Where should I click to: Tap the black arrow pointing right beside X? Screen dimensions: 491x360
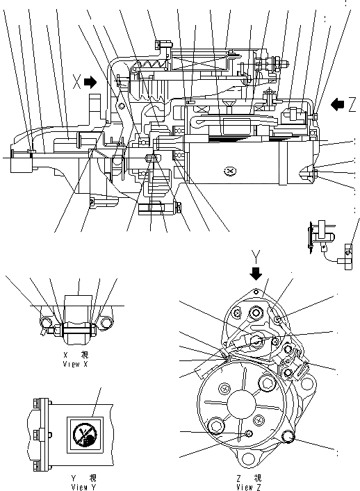pos(90,82)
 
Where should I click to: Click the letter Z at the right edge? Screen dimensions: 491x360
pos(352,104)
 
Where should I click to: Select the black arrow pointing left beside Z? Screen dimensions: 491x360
pos(338,104)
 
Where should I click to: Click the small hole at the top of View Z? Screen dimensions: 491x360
pos(256,292)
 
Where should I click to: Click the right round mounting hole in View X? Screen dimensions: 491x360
pos(106,324)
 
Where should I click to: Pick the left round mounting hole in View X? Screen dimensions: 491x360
pos(47,322)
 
